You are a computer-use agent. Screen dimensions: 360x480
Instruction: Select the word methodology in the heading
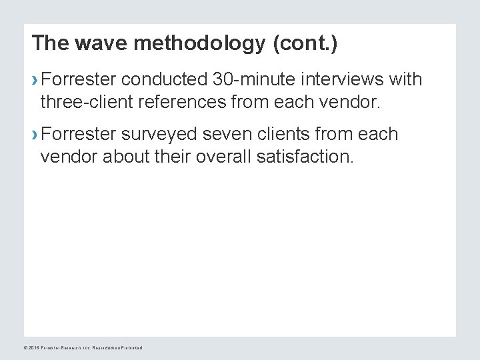click(193, 44)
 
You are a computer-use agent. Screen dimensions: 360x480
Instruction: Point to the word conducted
click(164, 81)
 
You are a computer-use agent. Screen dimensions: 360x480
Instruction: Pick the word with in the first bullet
click(405, 81)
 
